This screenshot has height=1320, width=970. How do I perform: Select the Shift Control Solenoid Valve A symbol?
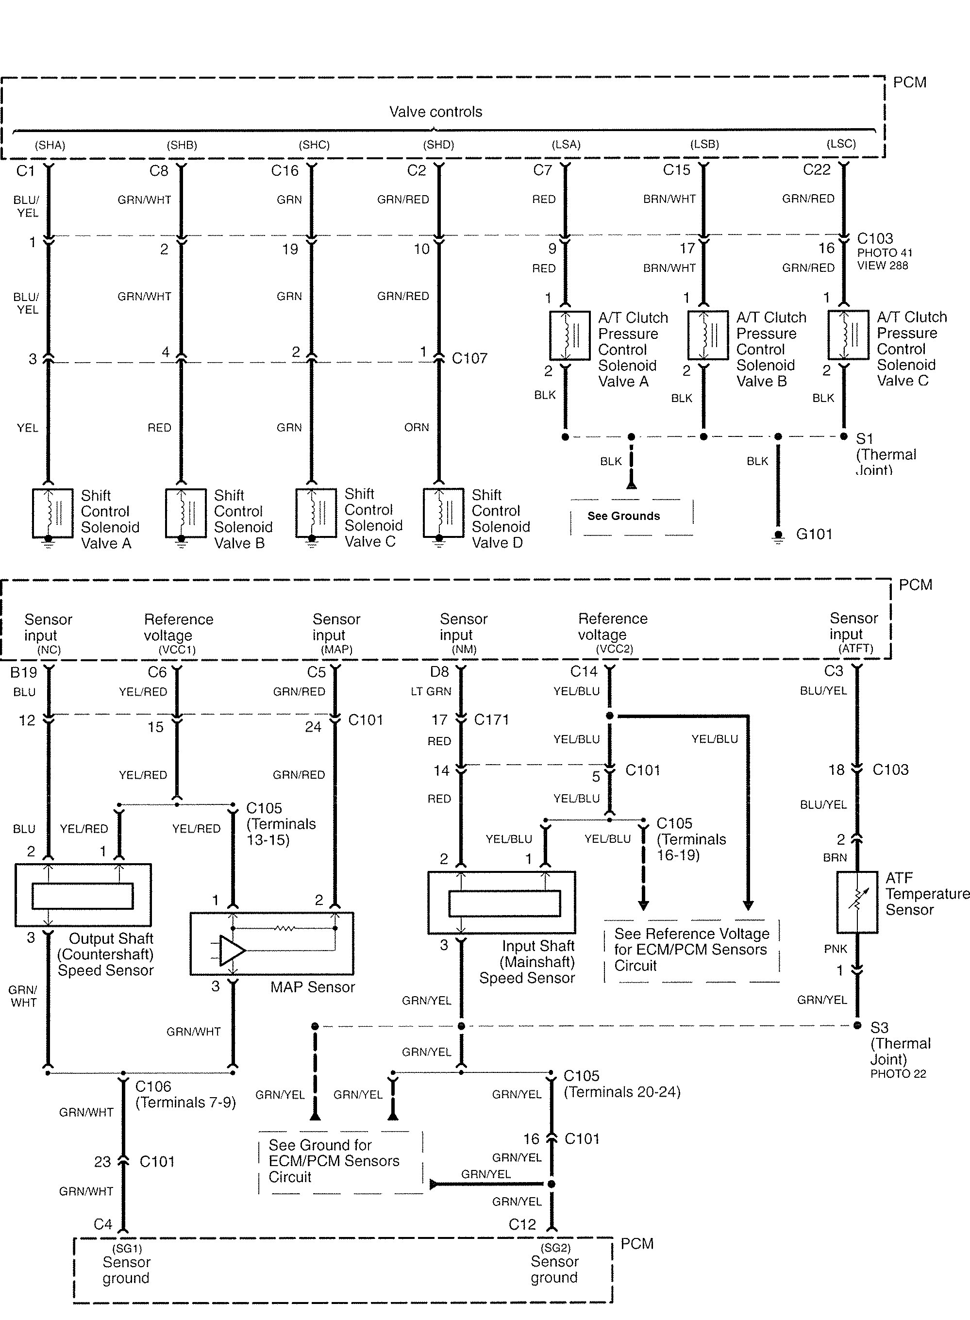coord(52,514)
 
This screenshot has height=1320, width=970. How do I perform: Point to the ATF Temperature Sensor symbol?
coord(857,902)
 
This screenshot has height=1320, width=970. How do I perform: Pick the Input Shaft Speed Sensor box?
coord(502,902)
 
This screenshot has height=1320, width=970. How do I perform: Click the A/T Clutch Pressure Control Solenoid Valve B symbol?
coord(707,335)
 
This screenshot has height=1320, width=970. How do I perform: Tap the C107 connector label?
coord(469,358)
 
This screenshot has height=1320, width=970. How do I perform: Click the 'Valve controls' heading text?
coord(435,112)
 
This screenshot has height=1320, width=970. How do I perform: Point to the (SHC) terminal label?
coord(314,145)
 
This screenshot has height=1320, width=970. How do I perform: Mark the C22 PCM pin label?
coord(816,170)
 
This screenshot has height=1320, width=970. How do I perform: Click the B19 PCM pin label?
coord(23,672)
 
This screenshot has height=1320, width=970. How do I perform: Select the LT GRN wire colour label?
coord(431,692)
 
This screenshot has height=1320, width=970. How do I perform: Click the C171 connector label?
coord(491,719)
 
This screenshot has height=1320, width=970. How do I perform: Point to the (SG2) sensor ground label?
coord(555,1248)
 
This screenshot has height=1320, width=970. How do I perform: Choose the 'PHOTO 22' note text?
coord(898,1074)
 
